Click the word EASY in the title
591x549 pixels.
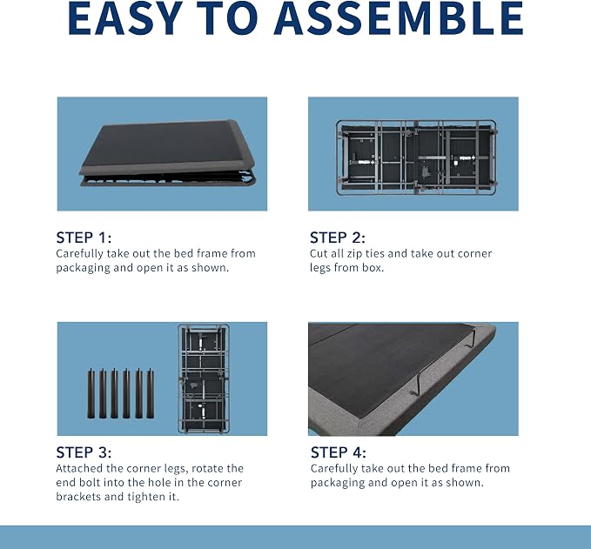point(124,18)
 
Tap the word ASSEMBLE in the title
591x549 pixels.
point(399,18)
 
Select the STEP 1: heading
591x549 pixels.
point(84,238)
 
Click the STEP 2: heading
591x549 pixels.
point(338,238)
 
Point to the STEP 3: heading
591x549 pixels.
point(84,452)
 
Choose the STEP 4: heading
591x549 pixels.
point(338,452)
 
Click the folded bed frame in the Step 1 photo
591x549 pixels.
point(167,153)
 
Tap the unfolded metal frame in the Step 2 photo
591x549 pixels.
point(417,157)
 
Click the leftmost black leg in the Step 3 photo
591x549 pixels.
point(91,393)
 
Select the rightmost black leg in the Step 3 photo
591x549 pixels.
point(150,393)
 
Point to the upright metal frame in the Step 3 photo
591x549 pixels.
point(204,378)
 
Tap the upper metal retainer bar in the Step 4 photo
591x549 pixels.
point(471,338)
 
